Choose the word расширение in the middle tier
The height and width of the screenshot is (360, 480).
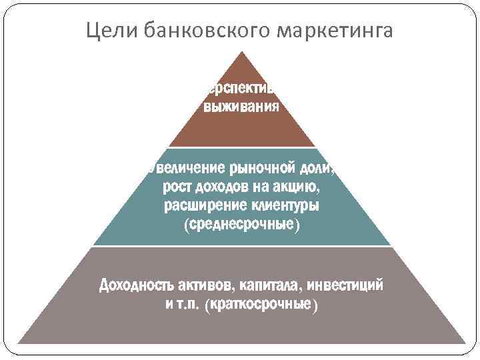[x=203, y=205]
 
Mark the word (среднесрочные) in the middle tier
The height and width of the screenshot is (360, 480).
[x=241, y=225]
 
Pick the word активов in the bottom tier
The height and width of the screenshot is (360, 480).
[x=205, y=286]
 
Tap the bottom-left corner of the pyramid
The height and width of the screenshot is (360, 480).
[x=18, y=344]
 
